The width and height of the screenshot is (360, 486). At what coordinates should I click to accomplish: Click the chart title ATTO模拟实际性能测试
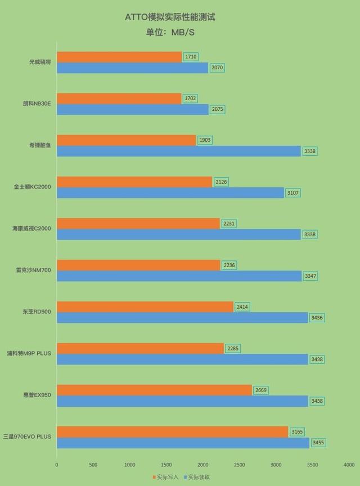click(170, 17)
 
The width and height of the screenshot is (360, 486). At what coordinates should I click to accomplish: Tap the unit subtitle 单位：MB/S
click(170, 32)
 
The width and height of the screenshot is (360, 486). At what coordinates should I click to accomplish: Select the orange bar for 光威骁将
click(119, 57)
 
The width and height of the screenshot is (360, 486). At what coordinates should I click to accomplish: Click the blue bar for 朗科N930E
click(133, 110)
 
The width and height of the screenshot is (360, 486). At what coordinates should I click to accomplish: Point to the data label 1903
click(205, 140)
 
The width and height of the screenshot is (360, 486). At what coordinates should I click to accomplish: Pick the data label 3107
click(294, 193)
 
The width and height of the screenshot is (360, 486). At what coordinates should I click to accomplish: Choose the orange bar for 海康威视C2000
click(138, 223)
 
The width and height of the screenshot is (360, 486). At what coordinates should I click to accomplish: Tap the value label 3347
click(310, 276)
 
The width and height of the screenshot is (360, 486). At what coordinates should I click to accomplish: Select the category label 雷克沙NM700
click(34, 270)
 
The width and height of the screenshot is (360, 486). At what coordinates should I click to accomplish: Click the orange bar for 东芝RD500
click(145, 307)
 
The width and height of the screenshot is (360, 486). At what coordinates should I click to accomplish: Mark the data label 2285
click(233, 348)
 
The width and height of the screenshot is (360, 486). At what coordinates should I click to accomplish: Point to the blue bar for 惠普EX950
click(182, 401)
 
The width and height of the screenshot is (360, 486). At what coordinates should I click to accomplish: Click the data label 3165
click(297, 431)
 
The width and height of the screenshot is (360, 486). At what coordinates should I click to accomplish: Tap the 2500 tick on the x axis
click(240, 465)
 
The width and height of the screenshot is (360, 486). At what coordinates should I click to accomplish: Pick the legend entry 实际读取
click(199, 477)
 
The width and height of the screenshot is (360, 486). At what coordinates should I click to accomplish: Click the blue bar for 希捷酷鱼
click(179, 151)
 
